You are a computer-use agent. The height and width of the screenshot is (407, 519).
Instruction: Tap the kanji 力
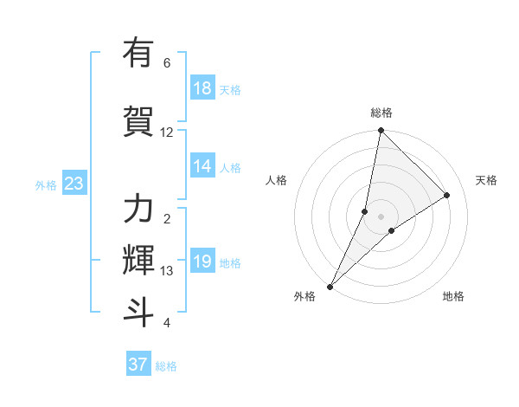pos(138,210)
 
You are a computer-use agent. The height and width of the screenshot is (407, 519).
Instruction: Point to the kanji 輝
pos(138,259)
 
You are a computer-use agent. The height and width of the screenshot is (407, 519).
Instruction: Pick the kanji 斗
pos(138,311)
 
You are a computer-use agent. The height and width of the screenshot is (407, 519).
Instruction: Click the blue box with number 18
pos(202,88)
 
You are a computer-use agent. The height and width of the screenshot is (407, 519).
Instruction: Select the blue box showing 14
pos(202,167)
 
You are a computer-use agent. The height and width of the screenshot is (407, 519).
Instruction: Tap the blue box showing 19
pos(202,262)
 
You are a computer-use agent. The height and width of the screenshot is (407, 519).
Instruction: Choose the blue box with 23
pos(74,184)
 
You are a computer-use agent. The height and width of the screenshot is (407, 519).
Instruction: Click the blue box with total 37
pos(138,365)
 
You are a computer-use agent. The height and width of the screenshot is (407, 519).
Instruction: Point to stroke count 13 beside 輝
pos(167,271)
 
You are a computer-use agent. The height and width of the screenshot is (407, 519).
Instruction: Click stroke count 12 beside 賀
pos(167,132)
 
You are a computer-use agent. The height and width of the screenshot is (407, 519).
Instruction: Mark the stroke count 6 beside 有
pos(167,63)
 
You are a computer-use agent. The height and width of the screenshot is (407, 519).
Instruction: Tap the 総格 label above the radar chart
pos(381,113)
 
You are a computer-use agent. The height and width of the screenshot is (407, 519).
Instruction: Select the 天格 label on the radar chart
pos(487,180)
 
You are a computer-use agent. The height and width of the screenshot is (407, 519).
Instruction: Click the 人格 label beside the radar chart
pos(276,180)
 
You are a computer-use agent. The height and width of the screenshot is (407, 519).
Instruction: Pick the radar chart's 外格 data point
pos(330,286)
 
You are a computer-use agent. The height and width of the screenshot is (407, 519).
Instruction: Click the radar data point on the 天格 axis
pos(447,195)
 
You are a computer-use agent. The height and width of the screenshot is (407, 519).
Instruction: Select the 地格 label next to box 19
pos(230,262)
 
